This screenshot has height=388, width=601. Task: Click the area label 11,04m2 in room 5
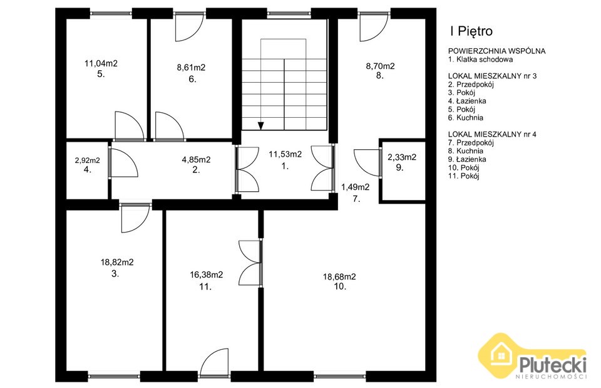pyautogui.click(x=101, y=63)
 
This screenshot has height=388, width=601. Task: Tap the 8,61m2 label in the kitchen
pyautogui.click(x=191, y=68)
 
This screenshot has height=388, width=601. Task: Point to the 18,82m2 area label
pyautogui.click(x=117, y=263)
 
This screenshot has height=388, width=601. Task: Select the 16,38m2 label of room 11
pyautogui.click(x=206, y=275)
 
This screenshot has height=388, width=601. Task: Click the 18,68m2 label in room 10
pyautogui.click(x=339, y=276)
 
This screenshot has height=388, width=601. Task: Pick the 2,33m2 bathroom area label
pyautogui.click(x=402, y=157)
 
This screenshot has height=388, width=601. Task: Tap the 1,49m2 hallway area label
pyautogui.click(x=356, y=187)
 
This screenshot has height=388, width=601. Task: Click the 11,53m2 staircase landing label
pyautogui.click(x=285, y=154)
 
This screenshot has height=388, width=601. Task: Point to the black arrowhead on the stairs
pyautogui.click(x=260, y=126)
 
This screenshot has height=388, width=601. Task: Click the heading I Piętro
pyautogui.click(x=471, y=31)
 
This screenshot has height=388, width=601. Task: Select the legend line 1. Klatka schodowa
pyautogui.click(x=480, y=60)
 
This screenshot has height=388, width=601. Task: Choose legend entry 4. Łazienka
pyautogui.click(x=467, y=101)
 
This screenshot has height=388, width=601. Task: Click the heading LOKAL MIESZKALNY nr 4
pyautogui.click(x=492, y=134)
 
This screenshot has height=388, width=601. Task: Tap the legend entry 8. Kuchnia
pyautogui.click(x=465, y=151)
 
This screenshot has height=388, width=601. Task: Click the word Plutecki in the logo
pyautogui.click(x=553, y=364)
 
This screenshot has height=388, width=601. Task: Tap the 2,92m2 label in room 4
pyautogui.click(x=88, y=160)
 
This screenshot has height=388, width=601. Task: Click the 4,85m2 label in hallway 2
pyautogui.click(x=196, y=160)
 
